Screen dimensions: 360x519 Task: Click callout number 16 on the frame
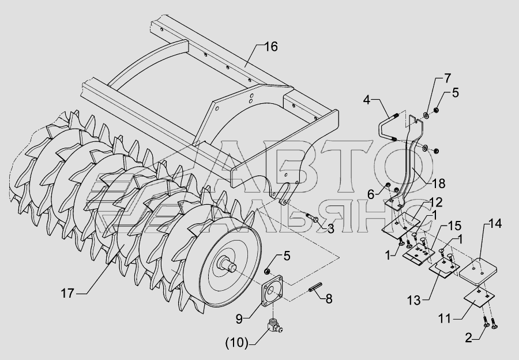click(270, 47)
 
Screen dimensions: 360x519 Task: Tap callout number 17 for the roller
click(68, 293)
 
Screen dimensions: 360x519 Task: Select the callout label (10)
click(235, 343)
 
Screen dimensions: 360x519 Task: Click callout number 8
click(329, 299)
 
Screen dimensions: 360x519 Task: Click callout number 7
click(447, 77)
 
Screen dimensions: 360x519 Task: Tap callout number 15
click(455, 224)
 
